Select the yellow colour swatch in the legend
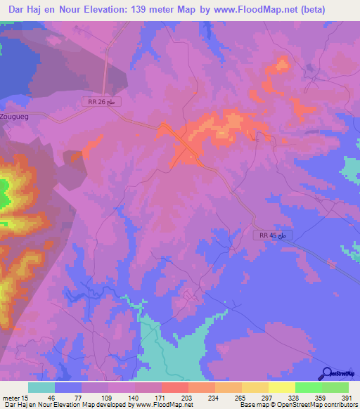pyautogui.click(x=281, y=387)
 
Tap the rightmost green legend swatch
pyautogui.click(x=335, y=387)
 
